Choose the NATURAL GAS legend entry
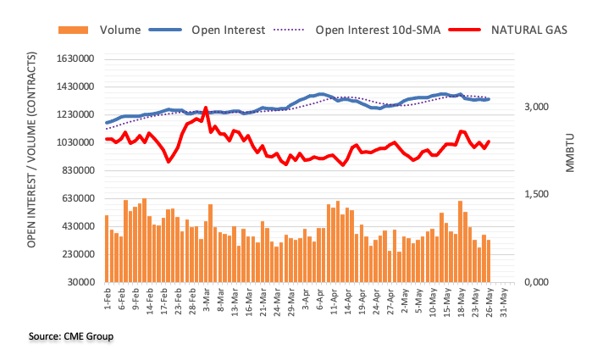[x=528, y=30]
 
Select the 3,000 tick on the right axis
[x=539, y=107]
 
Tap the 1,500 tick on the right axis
[x=539, y=195]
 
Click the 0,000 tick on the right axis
[x=539, y=282]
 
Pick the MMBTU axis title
[x=570, y=153]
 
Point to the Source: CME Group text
[x=70, y=336]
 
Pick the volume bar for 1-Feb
[x=107, y=248]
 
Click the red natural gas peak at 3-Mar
[x=207, y=109]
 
